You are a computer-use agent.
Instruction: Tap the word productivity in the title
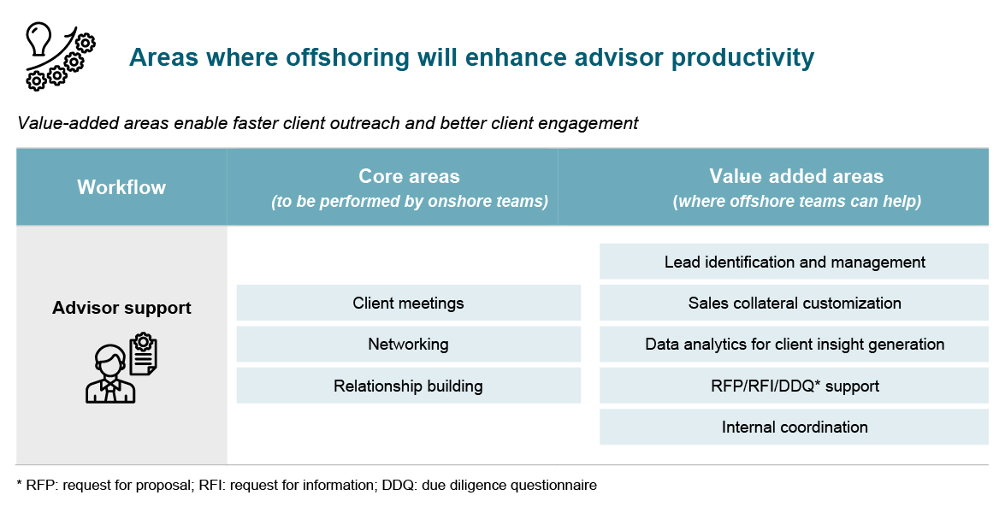point(742,57)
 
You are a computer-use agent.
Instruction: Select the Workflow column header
point(121,187)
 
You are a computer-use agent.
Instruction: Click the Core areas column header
point(409,177)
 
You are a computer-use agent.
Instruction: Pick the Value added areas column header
point(796,177)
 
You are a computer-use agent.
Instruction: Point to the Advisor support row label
point(121,308)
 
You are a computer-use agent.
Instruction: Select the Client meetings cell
point(408,304)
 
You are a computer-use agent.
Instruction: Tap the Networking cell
point(408,345)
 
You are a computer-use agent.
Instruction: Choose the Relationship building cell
point(408,386)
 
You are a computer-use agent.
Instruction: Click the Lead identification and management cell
point(795,262)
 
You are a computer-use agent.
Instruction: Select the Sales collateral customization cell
point(795,304)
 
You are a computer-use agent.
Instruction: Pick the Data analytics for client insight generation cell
point(795,345)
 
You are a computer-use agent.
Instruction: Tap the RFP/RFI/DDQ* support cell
point(795,386)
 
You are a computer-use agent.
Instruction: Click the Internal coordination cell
point(795,427)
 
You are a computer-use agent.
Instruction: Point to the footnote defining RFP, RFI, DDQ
point(306,486)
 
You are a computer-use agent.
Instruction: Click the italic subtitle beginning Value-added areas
point(328,123)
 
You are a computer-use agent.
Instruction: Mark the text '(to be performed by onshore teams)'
point(409,202)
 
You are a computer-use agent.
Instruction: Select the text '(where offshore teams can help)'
point(796,202)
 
